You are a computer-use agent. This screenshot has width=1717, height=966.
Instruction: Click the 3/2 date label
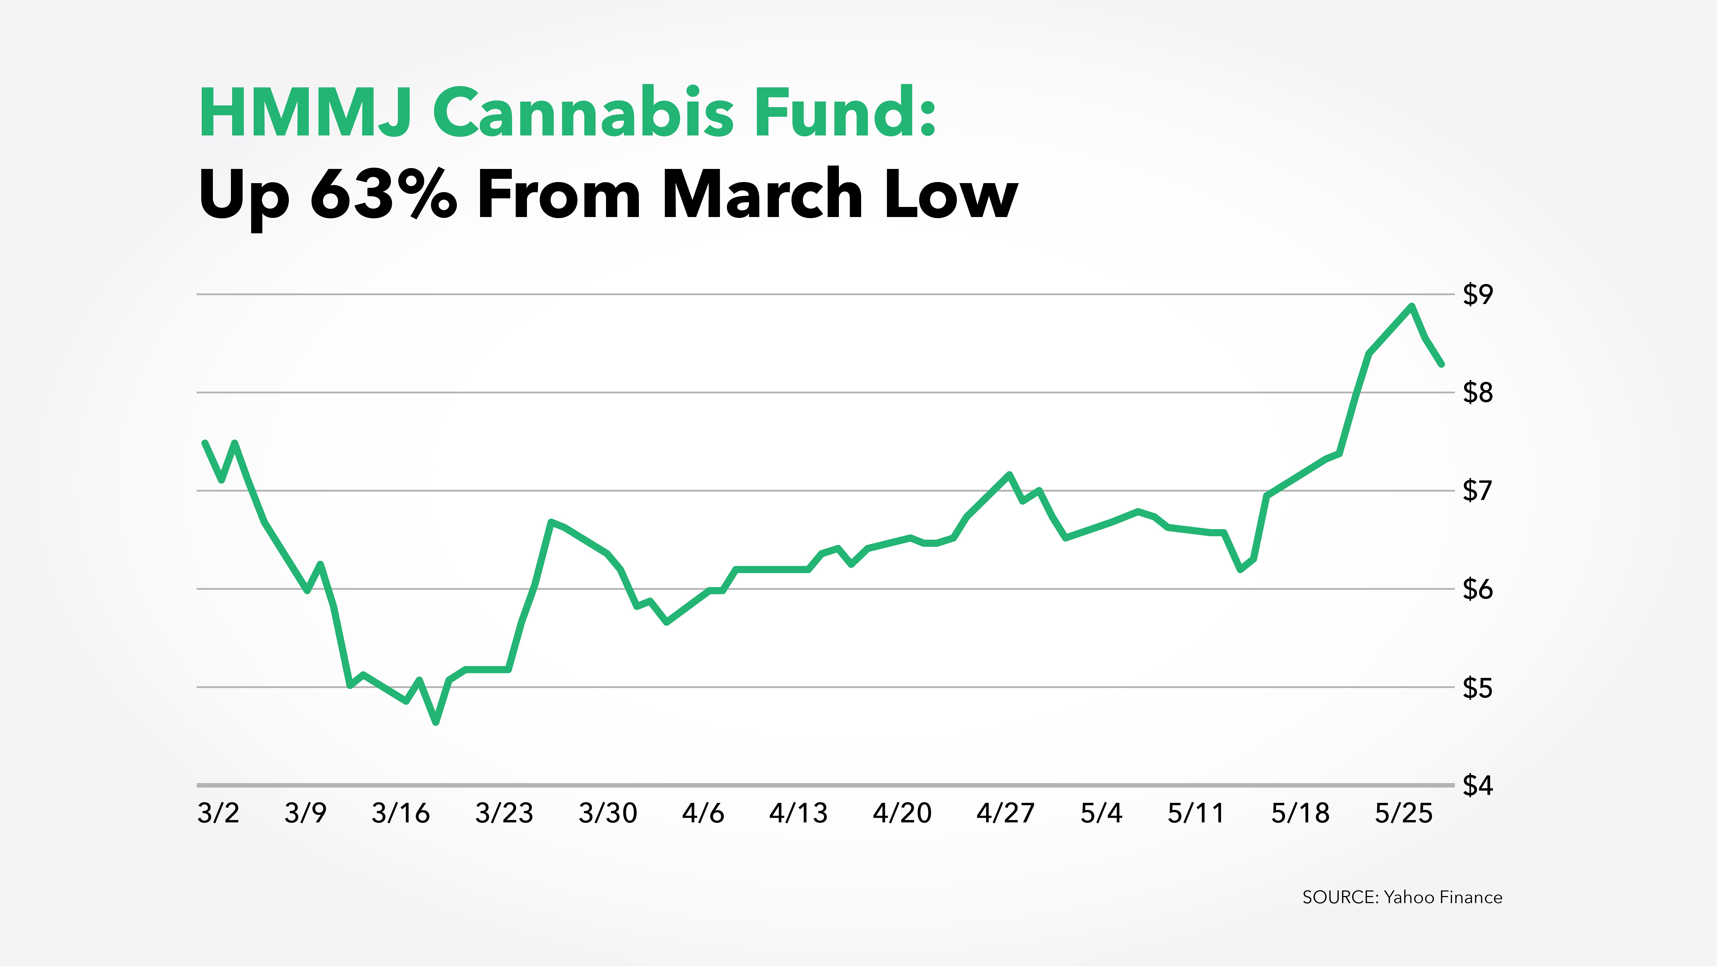click(x=218, y=813)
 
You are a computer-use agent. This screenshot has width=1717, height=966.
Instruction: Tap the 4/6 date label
click(x=703, y=813)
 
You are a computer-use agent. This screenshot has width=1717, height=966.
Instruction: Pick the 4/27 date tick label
click(x=1005, y=813)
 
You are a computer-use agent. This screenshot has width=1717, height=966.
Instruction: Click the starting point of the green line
click(x=205, y=443)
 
